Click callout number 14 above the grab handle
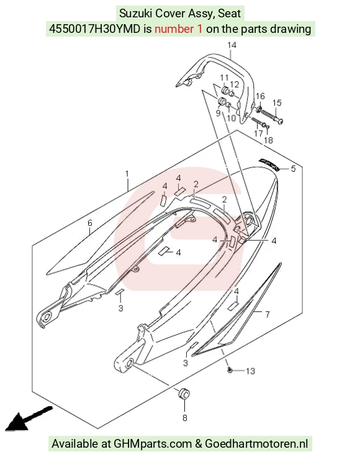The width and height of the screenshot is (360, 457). [232, 45]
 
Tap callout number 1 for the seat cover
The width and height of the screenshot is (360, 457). [127, 174]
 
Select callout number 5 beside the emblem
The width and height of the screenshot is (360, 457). [293, 169]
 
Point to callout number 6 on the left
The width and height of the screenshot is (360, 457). [90, 223]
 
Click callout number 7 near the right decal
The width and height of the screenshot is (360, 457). [268, 314]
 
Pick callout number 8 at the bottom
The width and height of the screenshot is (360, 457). [185, 418]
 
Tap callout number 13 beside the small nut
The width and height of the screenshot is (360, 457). [250, 371]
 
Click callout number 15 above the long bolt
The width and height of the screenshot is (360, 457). [277, 103]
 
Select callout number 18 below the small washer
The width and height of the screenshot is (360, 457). [268, 141]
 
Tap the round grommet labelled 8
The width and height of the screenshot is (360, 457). [184, 394]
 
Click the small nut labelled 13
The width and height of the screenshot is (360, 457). [230, 370]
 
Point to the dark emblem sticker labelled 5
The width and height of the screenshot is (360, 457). [269, 165]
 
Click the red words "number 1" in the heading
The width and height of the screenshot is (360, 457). [178, 29]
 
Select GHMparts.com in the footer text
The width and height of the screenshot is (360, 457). [153, 444]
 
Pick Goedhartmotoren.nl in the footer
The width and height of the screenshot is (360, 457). [256, 444]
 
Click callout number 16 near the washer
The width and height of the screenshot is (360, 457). [260, 97]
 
